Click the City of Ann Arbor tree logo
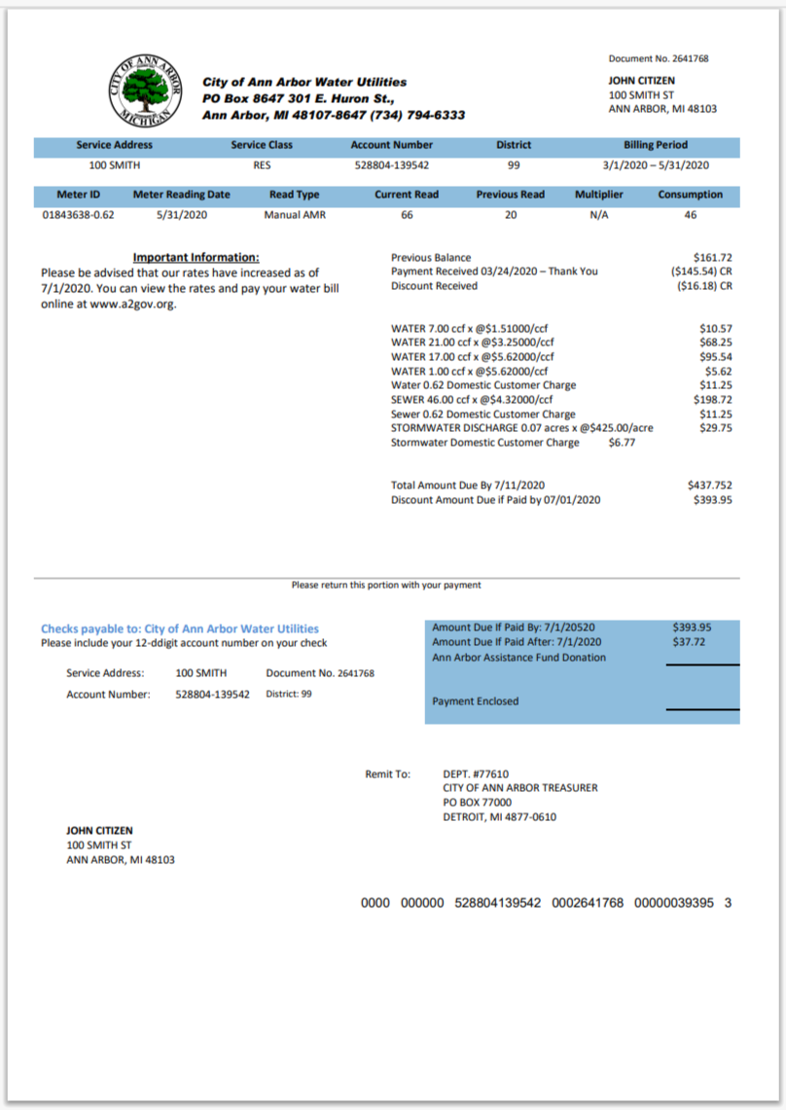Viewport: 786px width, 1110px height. point(146,89)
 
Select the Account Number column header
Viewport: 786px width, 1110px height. point(392,145)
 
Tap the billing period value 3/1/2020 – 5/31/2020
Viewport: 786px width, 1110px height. point(657,164)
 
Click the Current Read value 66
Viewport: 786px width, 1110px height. point(407,214)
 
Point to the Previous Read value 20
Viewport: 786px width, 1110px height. point(510,214)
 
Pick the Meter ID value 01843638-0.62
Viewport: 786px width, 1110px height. point(78,214)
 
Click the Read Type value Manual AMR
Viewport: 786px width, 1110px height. point(294,214)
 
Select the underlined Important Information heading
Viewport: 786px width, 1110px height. point(196,258)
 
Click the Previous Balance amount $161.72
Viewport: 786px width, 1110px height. point(715,258)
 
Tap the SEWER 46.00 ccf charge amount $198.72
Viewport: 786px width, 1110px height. point(712,400)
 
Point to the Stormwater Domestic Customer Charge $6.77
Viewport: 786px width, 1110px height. point(622,443)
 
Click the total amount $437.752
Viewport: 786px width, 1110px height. point(710,484)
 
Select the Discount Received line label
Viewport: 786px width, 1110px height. point(434,286)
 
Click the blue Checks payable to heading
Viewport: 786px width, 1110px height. point(180,628)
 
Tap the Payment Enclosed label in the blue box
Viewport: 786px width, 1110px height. point(475,700)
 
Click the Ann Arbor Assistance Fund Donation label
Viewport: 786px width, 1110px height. point(518,657)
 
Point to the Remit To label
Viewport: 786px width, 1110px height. point(387,774)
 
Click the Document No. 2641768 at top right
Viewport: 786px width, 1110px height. point(659,58)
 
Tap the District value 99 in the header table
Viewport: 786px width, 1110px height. point(514,164)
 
